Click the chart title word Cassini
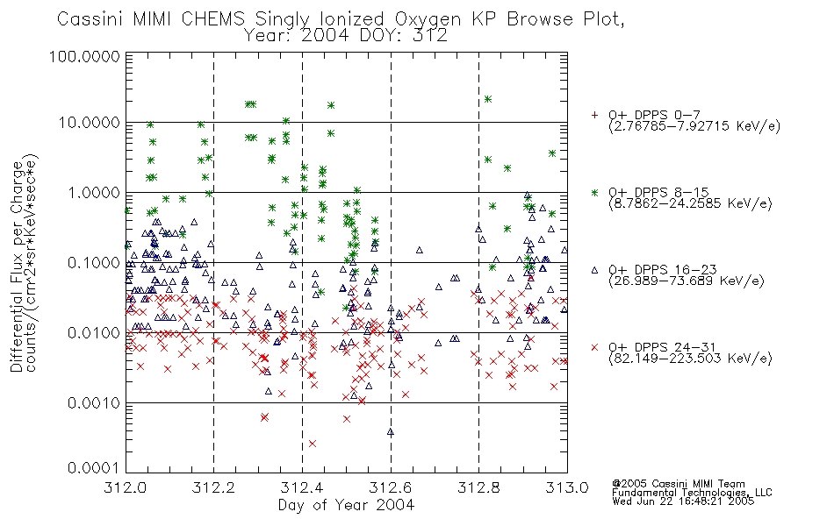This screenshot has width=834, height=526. [90, 19]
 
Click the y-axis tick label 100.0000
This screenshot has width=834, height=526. [84, 56]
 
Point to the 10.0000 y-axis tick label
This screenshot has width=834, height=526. [90, 123]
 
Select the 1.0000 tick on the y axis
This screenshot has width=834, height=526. [94, 192]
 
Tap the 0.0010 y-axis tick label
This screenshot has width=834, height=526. [94, 402]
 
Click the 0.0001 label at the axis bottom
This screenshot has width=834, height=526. [94, 467]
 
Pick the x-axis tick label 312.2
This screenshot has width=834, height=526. [213, 487]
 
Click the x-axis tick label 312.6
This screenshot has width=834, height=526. [391, 487]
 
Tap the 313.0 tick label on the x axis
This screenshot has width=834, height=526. [567, 487]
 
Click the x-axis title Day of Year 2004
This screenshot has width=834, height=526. [346, 505]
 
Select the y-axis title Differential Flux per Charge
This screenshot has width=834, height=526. [17, 267]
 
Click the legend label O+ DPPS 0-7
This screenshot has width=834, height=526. [654, 115]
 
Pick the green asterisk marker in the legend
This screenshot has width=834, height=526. [594, 192]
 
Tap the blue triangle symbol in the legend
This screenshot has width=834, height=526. [594, 270]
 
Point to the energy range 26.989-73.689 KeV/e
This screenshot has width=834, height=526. [687, 281]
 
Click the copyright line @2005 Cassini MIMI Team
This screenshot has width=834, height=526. [679, 484]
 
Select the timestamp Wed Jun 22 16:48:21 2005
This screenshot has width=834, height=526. [683, 501]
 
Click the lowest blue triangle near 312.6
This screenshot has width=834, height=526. [391, 432]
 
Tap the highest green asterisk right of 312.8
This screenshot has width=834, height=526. [488, 99]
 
